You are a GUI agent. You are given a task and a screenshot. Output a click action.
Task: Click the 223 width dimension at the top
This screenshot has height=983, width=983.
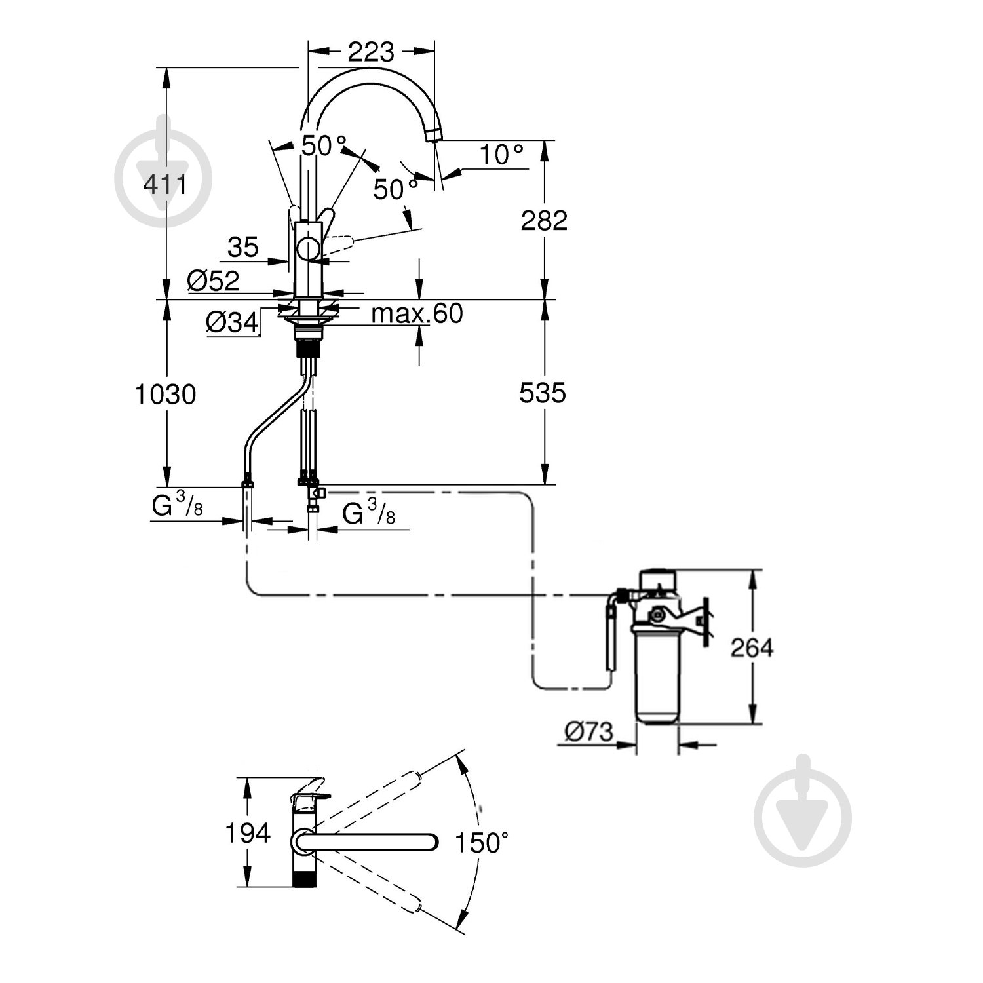[x=371, y=51]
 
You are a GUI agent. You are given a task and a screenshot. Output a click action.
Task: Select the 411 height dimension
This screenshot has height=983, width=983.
[x=165, y=185]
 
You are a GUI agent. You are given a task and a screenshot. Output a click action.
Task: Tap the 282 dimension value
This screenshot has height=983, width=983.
[x=543, y=221]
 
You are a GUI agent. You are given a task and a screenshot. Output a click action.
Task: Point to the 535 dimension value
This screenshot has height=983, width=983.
[x=542, y=393]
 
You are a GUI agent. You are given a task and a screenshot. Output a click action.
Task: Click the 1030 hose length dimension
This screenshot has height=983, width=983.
[x=165, y=395]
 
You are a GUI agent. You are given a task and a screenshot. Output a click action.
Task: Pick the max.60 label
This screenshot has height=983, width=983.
[x=417, y=314]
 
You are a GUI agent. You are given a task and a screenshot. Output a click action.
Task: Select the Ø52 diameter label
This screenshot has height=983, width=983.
[x=213, y=281]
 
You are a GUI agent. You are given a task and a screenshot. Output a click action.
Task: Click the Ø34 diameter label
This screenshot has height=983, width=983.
[x=232, y=322]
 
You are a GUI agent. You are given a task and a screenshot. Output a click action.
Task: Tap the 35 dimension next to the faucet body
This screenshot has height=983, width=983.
[x=242, y=248]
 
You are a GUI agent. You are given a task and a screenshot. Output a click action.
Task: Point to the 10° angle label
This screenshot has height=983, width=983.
[x=501, y=155]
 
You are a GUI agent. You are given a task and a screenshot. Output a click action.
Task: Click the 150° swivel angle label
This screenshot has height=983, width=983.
[x=482, y=843]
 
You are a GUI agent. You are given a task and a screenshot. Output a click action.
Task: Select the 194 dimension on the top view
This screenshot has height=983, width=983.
[x=248, y=833]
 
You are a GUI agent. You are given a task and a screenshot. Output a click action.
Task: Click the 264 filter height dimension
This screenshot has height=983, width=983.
[x=752, y=647]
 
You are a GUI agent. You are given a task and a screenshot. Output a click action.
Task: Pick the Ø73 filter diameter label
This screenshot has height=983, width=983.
[x=588, y=731]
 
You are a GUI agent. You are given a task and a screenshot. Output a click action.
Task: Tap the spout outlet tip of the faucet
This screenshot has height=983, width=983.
[x=433, y=136]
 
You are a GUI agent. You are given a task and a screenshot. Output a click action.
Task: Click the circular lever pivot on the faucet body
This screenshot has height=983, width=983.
[x=307, y=250]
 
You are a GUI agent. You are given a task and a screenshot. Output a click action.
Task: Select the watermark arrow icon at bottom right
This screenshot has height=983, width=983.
[x=802, y=811]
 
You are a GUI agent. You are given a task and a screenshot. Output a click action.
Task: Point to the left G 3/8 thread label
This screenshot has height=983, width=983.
[x=177, y=507]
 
